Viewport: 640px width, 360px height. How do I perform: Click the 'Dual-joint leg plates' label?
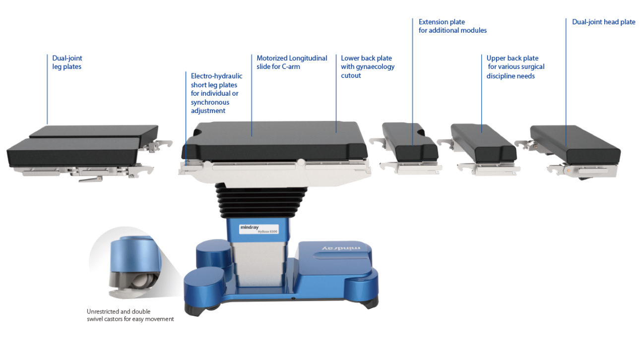click(x=67, y=62)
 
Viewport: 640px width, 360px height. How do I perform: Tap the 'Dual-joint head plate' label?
click(x=603, y=22)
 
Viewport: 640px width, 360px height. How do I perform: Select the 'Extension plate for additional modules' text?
click(x=452, y=26)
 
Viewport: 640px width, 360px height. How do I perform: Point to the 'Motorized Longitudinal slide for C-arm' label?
click(x=292, y=62)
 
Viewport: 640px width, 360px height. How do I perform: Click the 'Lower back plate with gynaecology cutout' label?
click(x=368, y=67)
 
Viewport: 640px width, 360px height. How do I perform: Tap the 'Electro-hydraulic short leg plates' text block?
click(x=217, y=93)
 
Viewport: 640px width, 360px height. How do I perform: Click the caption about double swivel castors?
click(x=130, y=315)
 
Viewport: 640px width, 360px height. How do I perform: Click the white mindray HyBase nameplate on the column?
click(x=258, y=229)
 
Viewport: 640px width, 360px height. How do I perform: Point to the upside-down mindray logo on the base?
click(x=341, y=248)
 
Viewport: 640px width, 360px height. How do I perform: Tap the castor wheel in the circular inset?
click(x=143, y=282)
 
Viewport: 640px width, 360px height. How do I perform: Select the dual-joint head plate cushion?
click(x=576, y=144)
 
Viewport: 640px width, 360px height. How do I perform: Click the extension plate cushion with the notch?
click(x=409, y=141)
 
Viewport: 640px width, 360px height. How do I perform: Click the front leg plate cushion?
click(x=73, y=152)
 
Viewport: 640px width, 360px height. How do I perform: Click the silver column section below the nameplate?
click(x=258, y=264)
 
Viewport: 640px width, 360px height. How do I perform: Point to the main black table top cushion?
click(x=274, y=140)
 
